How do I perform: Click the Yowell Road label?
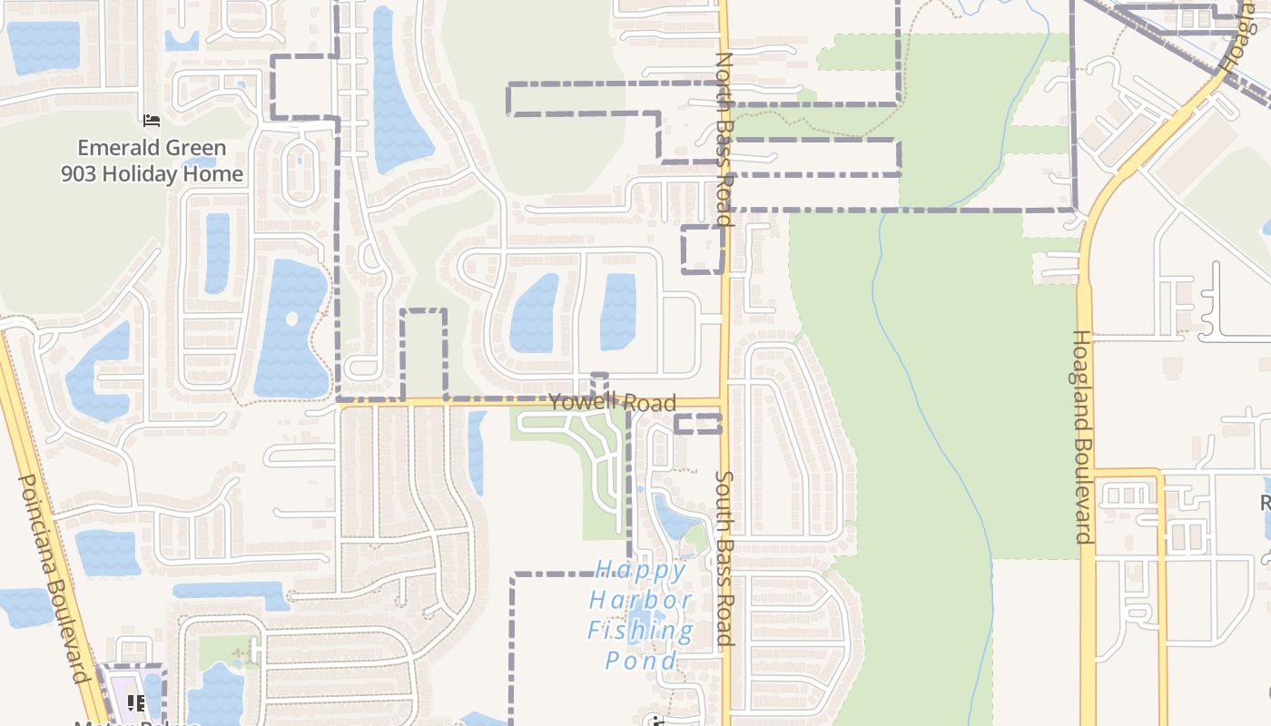[613, 402]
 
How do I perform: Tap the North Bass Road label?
[724, 138]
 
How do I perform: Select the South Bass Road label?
[724, 557]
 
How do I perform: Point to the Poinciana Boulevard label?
[54, 578]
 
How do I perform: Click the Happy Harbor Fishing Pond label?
[641, 615]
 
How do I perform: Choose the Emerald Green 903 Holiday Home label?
[152, 161]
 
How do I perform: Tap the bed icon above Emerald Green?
[152, 120]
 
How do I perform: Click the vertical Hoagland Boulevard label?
[1082, 436]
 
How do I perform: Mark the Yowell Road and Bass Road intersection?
[724, 402]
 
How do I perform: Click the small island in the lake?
[291, 319]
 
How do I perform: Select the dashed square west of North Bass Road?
[703, 250]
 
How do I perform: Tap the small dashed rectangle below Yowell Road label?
[697, 424]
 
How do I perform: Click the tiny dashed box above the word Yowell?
[599, 381]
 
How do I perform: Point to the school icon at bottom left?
[136, 702]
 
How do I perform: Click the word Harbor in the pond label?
[641, 600]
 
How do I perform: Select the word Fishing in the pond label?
[641, 630]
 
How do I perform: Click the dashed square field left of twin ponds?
[424, 354]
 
